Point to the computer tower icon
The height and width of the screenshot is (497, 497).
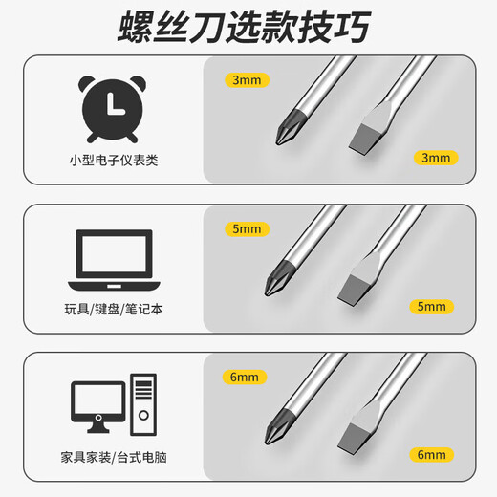click(141, 407)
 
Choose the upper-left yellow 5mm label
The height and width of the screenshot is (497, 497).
click(245, 228)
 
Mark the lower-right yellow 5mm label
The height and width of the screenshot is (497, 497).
click(432, 307)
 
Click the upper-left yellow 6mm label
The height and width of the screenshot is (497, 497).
click(245, 377)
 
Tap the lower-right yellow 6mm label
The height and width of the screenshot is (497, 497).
click(432, 456)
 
